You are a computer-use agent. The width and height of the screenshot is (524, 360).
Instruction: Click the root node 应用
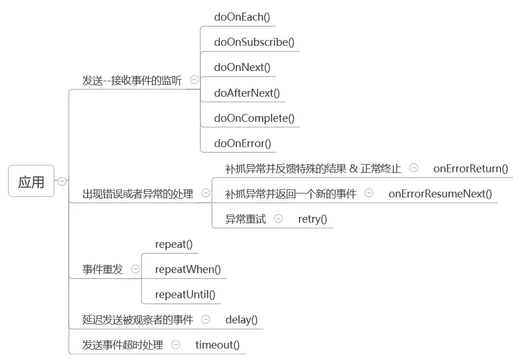click(x=31, y=181)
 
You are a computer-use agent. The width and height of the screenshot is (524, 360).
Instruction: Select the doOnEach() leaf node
click(x=242, y=17)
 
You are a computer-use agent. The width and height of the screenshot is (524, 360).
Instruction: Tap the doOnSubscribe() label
click(x=254, y=42)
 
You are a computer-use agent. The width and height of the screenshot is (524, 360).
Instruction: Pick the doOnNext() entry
click(x=242, y=68)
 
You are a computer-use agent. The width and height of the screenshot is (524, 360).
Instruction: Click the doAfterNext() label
click(x=247, y=93)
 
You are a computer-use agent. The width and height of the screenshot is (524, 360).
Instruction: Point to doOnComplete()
click(x=254, y=118)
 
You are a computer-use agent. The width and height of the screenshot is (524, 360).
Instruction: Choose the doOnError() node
click(x=243, y=144)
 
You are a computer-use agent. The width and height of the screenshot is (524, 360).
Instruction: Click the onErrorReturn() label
click(x=471, y=168)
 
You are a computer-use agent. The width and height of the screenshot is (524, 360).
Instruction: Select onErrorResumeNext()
click(x=440, y=193)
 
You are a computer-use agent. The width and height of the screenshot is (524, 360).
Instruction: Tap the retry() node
click(x=313, y=219)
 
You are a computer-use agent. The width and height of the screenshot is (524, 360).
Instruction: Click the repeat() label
click(x=174, y=244)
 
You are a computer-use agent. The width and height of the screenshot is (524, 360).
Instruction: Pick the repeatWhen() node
click(x=188, y=270)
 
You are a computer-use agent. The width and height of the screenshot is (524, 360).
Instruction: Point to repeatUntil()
click(x=185, y=295)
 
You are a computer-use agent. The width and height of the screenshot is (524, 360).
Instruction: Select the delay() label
click(x=242, y=320)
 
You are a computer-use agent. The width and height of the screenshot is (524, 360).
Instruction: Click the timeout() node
click(x=218, y=345)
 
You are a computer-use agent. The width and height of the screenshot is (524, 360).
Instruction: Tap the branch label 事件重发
click(x=103, y=270)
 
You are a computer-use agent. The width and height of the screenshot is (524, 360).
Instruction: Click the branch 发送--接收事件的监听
click(x=132, y=81)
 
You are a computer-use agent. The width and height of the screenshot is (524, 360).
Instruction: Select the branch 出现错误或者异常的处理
click(x=138, y=193)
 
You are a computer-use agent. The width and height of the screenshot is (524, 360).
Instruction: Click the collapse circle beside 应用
click(x=62, y=181)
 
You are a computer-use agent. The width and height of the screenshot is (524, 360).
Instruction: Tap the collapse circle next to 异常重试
click(x=278, y=219)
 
